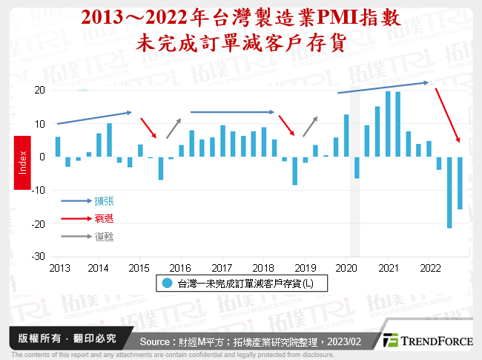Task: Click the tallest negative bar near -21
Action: (449, 192)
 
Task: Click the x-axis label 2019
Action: (305, 267)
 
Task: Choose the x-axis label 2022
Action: (429, 267)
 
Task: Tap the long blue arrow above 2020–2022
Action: (383, 87)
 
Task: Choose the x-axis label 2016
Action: (181, 267)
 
